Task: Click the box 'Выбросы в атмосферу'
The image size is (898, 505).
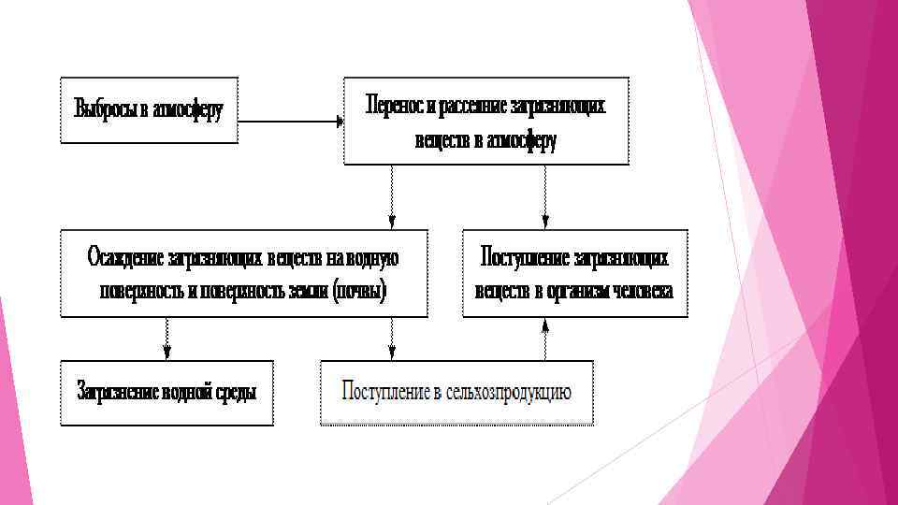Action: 149,109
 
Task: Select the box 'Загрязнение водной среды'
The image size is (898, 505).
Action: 167,393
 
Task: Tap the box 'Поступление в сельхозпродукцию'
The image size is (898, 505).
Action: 456,393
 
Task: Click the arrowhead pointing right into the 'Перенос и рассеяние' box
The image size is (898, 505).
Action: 338,121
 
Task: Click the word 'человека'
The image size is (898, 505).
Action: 643,290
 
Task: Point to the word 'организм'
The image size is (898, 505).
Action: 576,290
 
